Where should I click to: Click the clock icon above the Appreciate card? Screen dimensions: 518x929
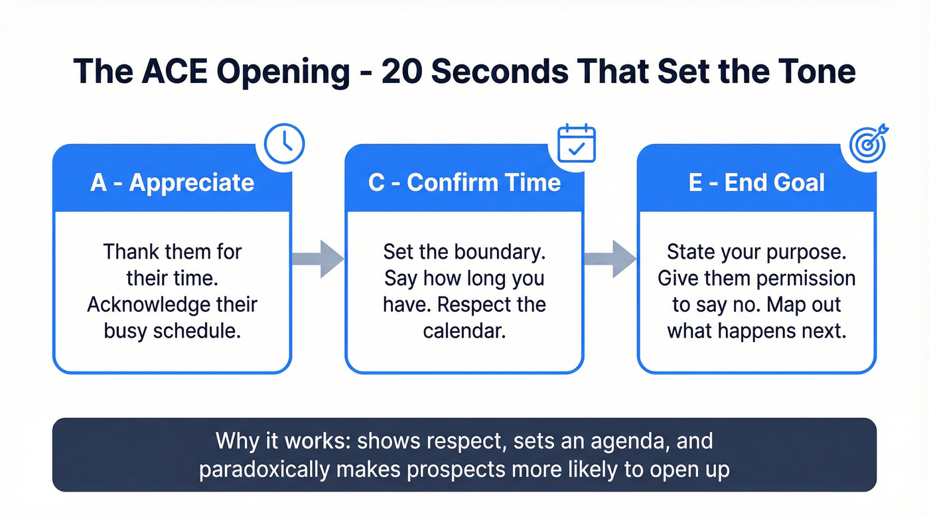click(x=284, y=143)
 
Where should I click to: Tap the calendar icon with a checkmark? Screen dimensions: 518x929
click(x=576, y=143)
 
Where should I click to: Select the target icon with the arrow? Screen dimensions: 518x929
click(x=869, y=143)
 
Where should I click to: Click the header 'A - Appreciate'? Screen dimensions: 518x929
click(x=172, y=182)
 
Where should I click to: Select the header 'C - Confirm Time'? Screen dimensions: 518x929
click(x=464, y=182)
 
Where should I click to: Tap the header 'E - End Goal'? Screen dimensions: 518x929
click(x=756, y=182)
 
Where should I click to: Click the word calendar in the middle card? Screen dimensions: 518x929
click(x=464, y=330)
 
